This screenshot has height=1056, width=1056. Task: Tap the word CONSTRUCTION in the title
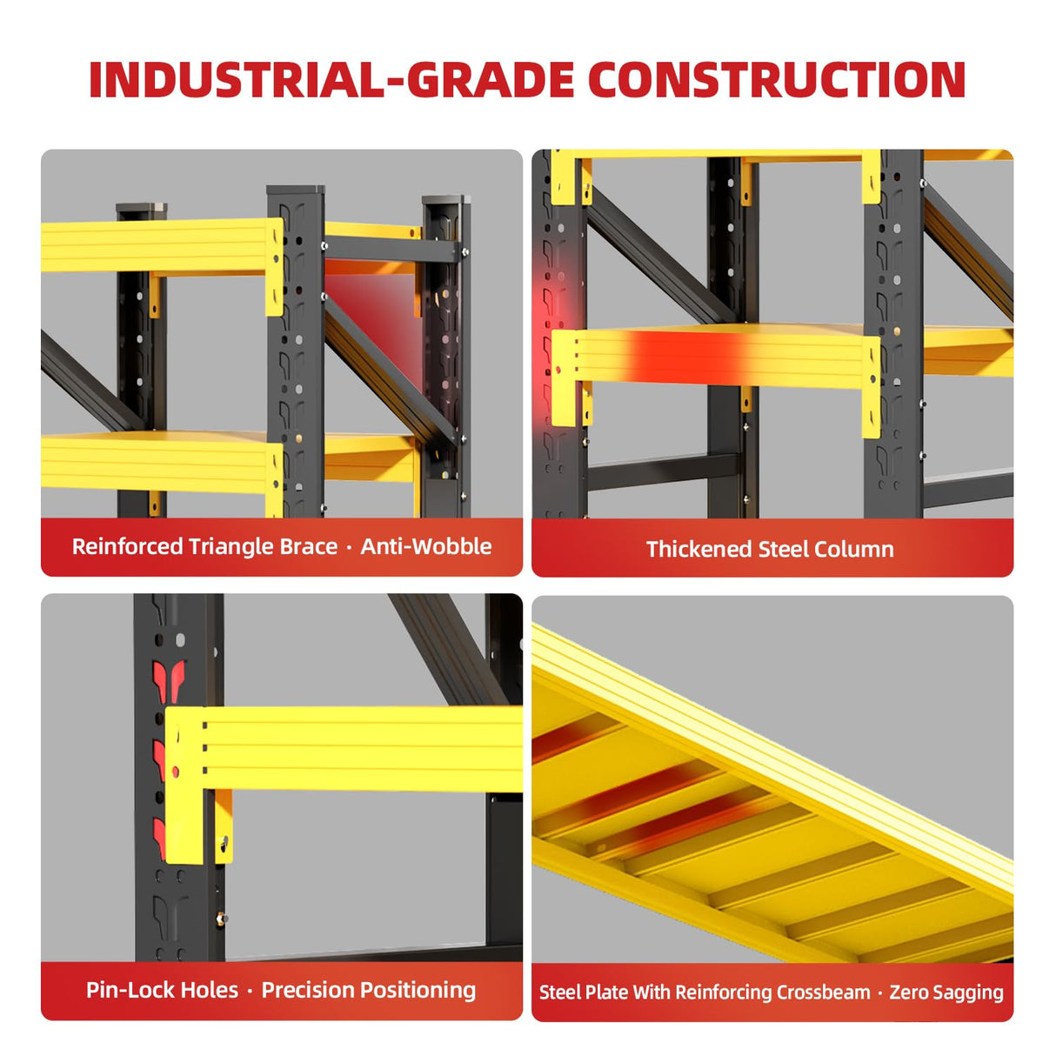(777, 79)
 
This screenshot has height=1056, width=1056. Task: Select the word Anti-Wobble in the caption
(426, 547)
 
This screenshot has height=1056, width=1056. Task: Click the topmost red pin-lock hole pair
(169, 681)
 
